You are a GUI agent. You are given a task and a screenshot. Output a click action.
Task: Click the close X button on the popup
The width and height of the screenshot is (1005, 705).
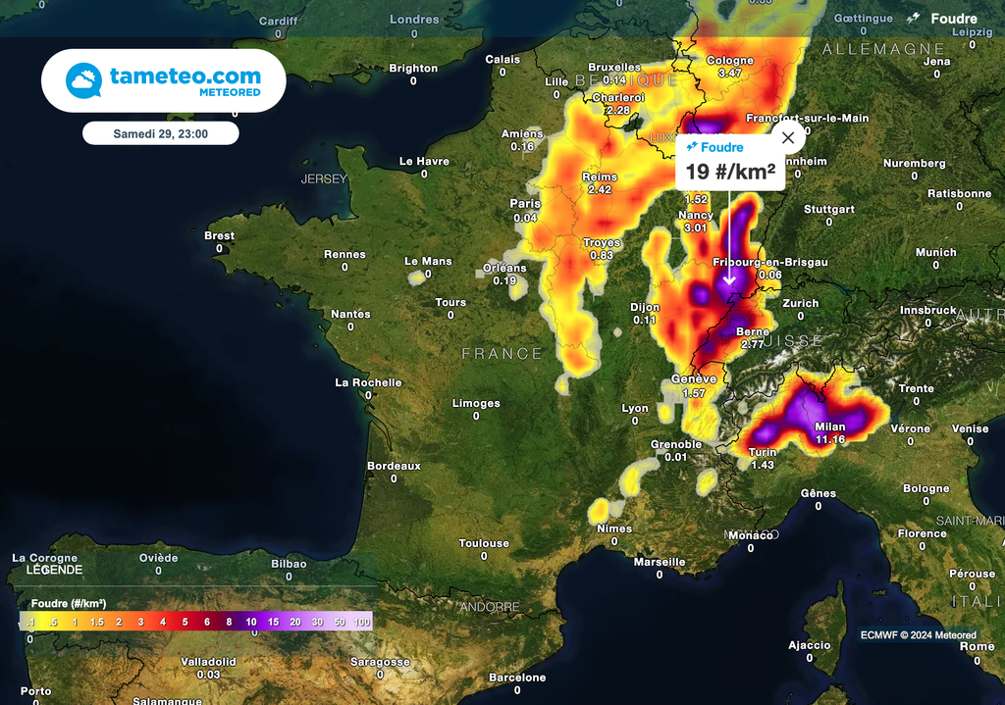(787, 137)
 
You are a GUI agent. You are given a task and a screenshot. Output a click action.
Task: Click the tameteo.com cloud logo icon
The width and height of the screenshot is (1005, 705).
(83, 80)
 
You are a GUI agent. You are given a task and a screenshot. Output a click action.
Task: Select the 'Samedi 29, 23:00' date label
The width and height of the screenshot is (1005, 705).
(160, 132)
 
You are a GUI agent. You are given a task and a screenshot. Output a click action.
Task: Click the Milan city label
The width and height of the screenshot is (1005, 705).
(829, 427)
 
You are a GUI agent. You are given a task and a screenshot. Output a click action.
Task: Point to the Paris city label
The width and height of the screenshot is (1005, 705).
(525, 204)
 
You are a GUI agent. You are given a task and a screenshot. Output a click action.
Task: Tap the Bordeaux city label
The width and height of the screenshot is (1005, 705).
(394, 466)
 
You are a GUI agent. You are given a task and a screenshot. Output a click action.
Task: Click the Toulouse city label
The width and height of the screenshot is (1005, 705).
(484, 543)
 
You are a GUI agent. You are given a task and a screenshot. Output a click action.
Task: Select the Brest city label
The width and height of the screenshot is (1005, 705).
(219, 235)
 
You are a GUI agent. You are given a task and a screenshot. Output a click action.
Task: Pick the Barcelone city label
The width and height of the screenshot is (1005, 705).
(517, 678)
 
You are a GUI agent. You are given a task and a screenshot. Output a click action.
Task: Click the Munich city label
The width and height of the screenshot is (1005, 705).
(935, 252)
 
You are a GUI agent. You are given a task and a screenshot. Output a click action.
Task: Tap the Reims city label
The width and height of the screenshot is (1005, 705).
(600, 177)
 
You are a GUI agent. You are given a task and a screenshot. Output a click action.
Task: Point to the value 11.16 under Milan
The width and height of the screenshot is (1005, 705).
(829, 439)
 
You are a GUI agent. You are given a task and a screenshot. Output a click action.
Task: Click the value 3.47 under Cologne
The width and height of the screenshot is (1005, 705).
(730, 73)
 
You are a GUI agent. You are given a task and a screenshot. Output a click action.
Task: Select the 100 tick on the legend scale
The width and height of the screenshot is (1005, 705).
(362, 622)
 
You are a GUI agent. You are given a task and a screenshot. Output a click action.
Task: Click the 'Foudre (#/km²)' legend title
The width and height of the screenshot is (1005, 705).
(69, 603)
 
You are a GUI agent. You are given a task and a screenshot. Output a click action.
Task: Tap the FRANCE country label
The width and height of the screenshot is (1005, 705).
(502, 353)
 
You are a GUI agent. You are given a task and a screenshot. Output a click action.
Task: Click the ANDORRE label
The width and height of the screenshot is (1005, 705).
(490, 607)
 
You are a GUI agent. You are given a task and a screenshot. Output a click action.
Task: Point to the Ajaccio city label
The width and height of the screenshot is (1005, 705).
(809, 645)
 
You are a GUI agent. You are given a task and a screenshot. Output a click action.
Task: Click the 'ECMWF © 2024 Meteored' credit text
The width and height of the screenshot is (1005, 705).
(919, 634)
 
